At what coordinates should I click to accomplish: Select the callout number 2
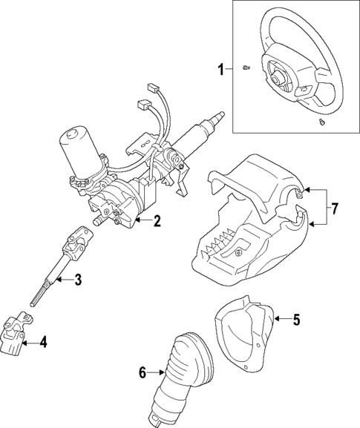[x=157, y=220]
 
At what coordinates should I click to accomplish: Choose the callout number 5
[x=295, y=320]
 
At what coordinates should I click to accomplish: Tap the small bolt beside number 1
[x=246, y=69]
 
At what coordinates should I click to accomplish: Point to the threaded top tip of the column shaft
[x=220, y=116]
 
